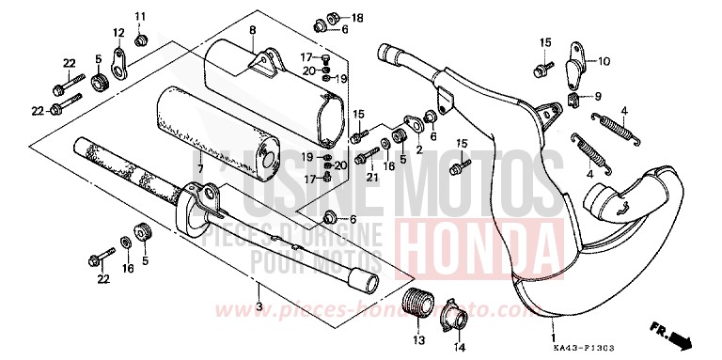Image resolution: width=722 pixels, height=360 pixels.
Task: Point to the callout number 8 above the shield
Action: tap(252, 31)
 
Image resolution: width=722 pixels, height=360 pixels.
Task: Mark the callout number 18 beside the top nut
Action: tap(356, 18)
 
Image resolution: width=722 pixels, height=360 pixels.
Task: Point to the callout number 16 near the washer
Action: tap(129, 269)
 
